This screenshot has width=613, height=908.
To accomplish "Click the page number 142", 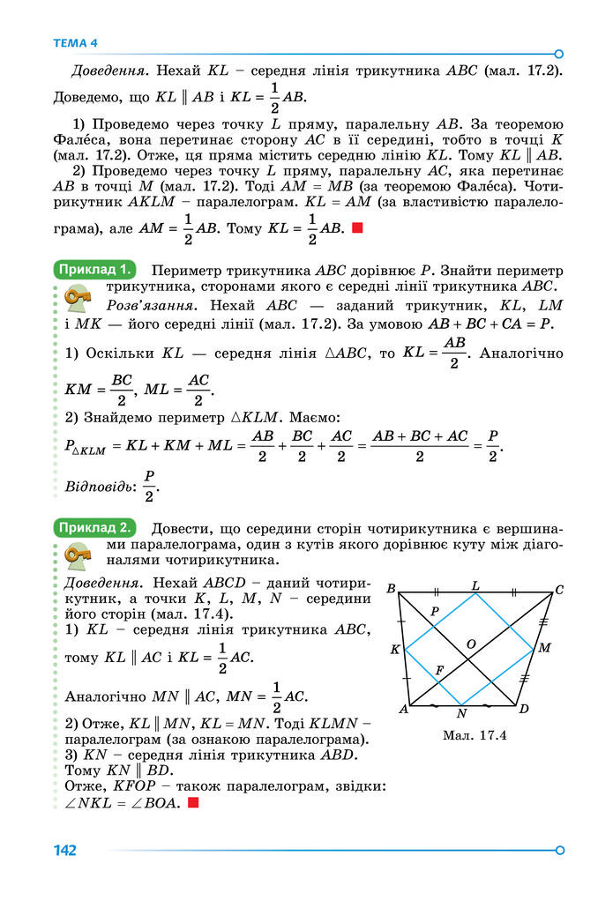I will (64, 851).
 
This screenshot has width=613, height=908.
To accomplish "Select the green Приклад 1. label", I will (94, 269).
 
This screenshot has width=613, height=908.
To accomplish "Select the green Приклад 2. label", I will (94, 528).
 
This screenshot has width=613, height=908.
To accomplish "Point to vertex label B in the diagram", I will (391, 588).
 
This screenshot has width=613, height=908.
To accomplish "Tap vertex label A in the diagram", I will (402, 709).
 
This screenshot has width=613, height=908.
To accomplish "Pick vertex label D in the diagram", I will (523, 709).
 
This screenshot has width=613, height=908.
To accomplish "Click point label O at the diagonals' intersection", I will (471, 644).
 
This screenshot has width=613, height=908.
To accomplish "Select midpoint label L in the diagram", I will (475, 584).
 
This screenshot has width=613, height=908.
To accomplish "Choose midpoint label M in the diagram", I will (544, 648).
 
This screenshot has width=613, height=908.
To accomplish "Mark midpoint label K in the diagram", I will (395, 650).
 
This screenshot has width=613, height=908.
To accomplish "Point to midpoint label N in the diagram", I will (461, 712).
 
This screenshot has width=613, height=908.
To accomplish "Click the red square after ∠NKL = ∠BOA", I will (193, 803).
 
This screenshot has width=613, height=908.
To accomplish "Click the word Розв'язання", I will (146, 305).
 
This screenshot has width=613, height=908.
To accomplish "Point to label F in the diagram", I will (439, 672).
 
